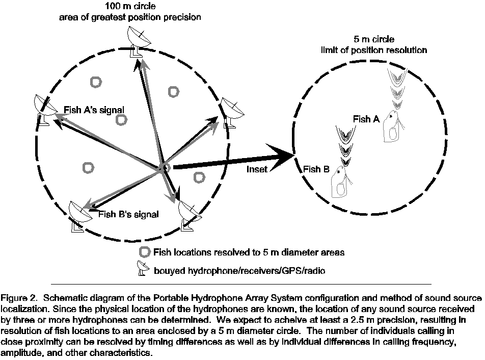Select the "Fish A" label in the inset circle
point(366,119)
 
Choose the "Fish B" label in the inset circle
point(316,169)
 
